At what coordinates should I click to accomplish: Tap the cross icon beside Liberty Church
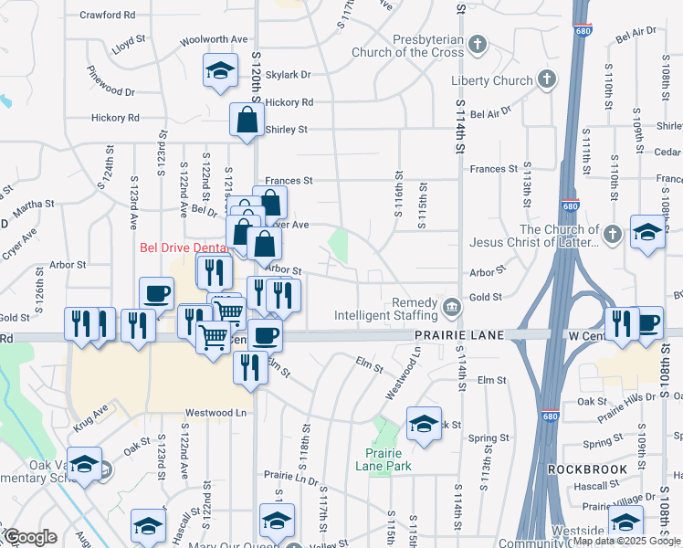click(547, 79)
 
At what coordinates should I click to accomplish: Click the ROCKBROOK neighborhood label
click(587, 469)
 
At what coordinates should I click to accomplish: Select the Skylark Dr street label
click(289, 75)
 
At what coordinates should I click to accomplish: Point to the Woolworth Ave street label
click(214, 39)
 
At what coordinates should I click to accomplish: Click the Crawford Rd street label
click(107, 16)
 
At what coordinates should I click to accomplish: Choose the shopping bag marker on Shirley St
click(247, 120)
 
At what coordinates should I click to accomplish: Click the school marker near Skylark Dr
click(219, 72)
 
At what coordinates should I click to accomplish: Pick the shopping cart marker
click(214, 338)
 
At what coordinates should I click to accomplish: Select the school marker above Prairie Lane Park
click(424, 424)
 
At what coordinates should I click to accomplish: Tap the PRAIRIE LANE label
click(447, 336)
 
